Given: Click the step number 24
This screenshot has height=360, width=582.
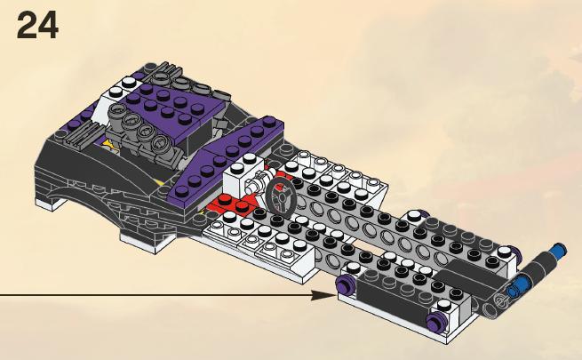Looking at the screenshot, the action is pos(37,25).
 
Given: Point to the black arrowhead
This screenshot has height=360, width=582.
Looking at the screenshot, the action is pos(323,295).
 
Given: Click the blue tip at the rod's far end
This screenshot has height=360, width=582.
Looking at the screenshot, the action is pos(559,250).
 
